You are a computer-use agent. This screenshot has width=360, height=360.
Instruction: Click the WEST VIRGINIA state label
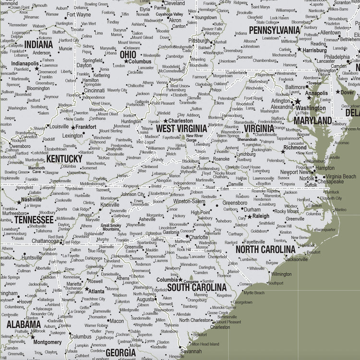point(181,129)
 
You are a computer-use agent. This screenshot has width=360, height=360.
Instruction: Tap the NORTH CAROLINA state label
point(265,250)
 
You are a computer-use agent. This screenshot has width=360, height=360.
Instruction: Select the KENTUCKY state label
point(64,158)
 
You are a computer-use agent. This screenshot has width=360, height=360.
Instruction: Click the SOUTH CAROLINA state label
point(196,288)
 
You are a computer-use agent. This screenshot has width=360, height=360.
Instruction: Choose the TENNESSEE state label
point(33,219)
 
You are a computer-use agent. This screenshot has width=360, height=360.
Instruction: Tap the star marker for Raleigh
point(250,217)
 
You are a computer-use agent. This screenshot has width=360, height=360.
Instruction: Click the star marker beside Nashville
point(19,202)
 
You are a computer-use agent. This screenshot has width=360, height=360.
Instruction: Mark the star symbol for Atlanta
point(87,291)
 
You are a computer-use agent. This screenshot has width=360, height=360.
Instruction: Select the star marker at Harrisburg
point(300,49)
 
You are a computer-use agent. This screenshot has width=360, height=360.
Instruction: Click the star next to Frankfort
point(73,127)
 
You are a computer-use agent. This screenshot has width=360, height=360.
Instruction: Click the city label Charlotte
point(198,237)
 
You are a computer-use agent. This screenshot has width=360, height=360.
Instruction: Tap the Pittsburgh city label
point(199,41)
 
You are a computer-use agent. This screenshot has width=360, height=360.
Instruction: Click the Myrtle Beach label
point(253,292)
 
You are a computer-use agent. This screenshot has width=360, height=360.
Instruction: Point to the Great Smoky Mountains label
point(111,227)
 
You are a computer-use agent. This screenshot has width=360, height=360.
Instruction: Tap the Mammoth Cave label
point(36,170)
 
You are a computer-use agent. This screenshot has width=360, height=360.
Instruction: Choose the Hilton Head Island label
point(204,344)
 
